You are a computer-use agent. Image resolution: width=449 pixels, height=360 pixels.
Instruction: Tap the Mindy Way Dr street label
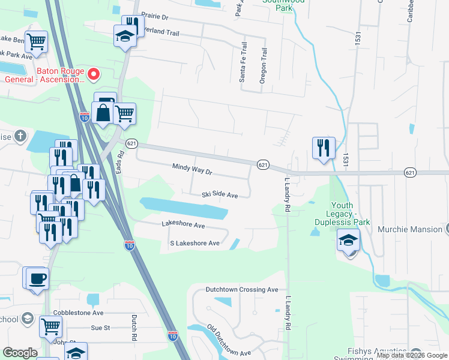tap(192, 170)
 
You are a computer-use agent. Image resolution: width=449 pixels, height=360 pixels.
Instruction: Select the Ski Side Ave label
tap(220, 195)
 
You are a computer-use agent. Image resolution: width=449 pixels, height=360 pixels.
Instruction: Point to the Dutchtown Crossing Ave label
tap(242, 289)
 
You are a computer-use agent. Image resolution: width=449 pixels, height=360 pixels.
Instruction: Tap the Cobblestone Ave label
tap(78, 313)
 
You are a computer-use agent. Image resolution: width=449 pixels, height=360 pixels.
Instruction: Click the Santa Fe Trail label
tap(243, 62)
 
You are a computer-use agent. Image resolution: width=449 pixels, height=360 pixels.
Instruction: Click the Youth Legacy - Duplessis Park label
tap(348, 214)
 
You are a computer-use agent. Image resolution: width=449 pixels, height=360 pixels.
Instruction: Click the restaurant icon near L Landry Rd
tap(323, 147)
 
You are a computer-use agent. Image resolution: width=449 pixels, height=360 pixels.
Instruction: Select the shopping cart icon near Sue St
tap(50, 326)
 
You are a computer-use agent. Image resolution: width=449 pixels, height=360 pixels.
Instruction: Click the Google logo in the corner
tap(20, 353)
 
